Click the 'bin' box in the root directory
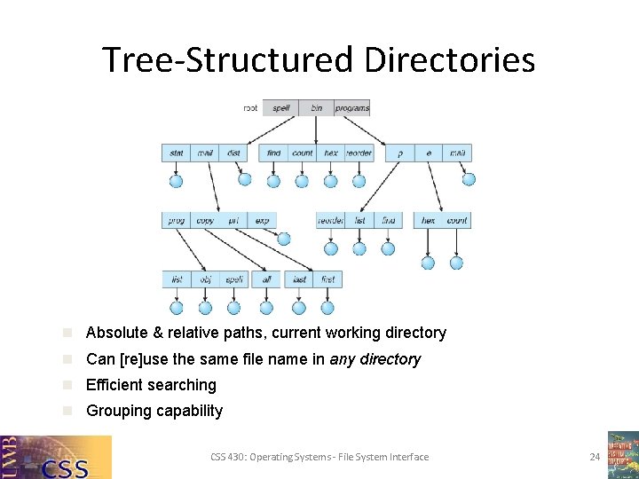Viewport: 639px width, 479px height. point(316,108)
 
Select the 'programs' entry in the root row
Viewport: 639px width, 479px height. point(352,108)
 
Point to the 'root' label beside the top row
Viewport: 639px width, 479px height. point(251,108)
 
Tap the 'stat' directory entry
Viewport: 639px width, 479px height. point(177,153)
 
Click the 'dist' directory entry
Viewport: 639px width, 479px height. point(233,153)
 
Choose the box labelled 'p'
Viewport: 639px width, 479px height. point(400,153)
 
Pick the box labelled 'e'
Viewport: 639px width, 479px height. point(429,153)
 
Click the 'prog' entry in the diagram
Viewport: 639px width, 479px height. point(177,220)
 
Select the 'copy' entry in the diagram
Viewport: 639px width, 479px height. point(205,220)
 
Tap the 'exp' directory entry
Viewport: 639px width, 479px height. point(262,220)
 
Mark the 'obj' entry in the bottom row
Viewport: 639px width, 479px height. point(205,279)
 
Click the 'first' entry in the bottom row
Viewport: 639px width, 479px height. point(327,279)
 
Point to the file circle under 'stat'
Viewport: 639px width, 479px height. point(176,181)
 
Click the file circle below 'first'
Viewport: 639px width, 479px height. point(327,308)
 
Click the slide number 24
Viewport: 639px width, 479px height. point(595,457)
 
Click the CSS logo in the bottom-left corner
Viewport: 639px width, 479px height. point(56,457)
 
